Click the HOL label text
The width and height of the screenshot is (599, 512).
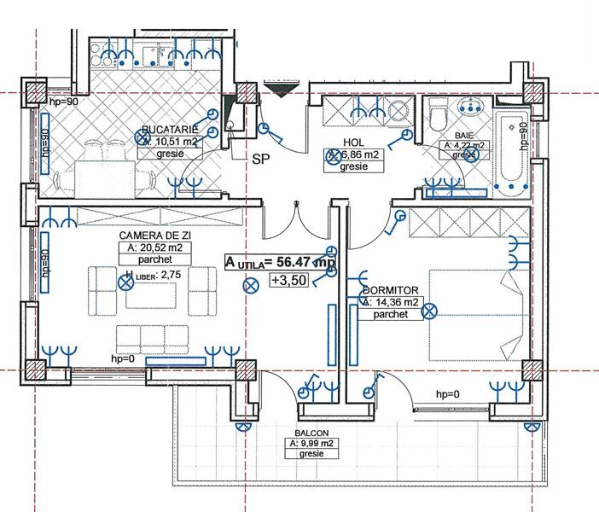[x=354, y=143]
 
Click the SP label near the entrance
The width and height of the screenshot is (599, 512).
[x=259, y=159]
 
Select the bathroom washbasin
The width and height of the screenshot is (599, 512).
[x=469, y=107]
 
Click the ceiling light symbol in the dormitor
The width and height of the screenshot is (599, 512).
[x=431, y=310]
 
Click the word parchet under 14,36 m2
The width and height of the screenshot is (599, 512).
[x=391, y=314]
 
